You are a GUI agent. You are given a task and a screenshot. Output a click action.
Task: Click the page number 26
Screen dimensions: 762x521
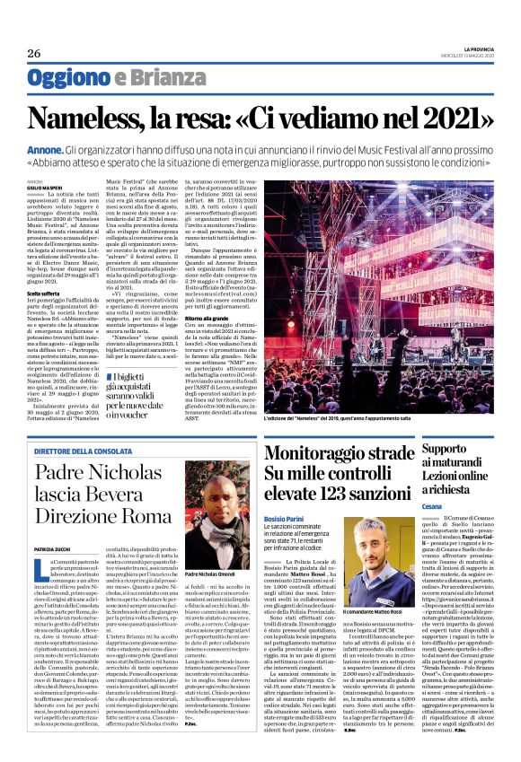tap(34, 54)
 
